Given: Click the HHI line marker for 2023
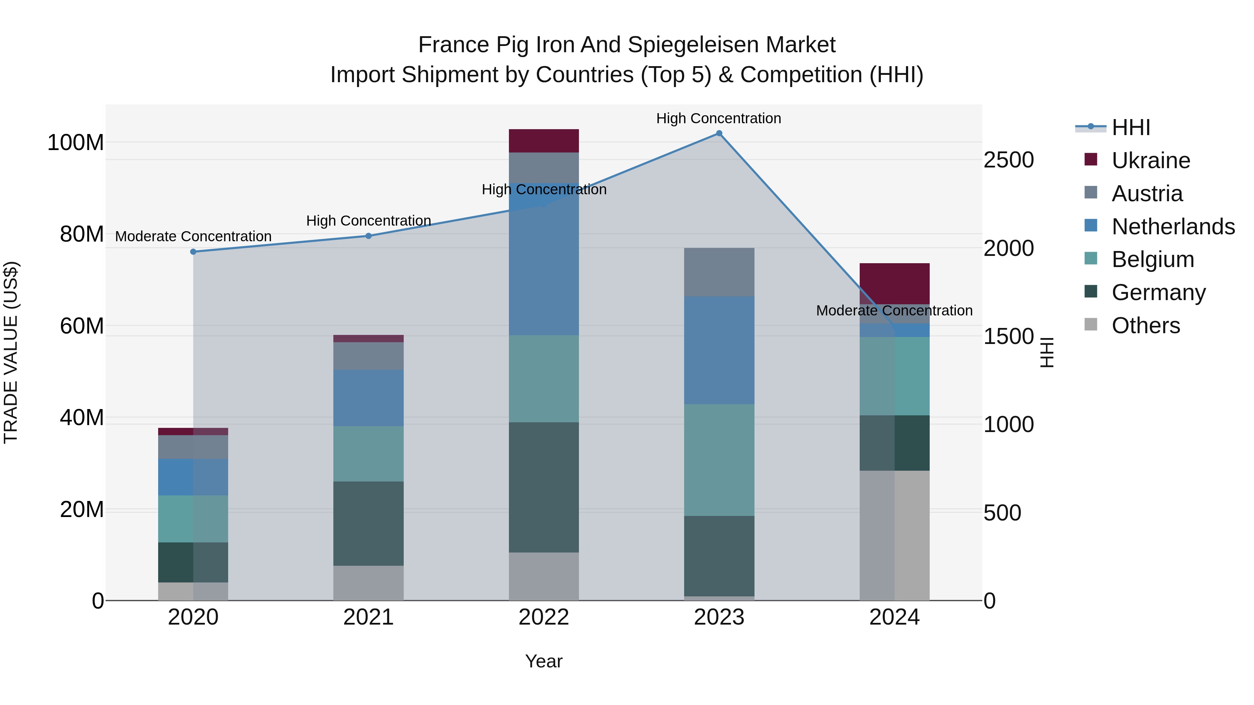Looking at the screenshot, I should pos(719,133).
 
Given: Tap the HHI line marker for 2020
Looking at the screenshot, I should pos(193,252).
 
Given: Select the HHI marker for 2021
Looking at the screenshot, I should pos(369,236).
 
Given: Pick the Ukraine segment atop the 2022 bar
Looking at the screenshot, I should pos(544,141).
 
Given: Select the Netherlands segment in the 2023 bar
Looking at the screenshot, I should pos(719,350).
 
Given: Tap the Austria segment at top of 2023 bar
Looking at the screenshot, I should pos(719,272).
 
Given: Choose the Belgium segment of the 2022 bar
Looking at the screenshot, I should pos(544,378).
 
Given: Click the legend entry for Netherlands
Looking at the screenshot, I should pos(1173,226).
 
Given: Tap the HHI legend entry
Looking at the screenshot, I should pos(1130,127).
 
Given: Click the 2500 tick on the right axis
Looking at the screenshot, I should pos(1009,160).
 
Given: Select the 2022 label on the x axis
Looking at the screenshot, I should pos(544,617).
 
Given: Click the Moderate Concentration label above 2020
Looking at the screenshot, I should pos(193,236).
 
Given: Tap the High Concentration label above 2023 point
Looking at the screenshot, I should pos(719,118).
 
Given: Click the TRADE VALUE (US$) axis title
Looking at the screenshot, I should pos(11,352).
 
